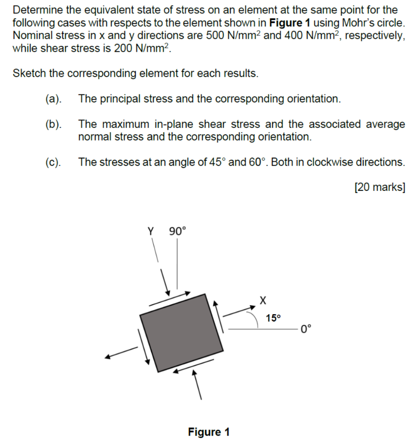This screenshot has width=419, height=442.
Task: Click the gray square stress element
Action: click(x=181, y=333)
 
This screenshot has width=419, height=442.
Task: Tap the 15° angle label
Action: click(x=273, y=318)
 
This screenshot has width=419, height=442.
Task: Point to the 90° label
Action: click(x=177, y=231)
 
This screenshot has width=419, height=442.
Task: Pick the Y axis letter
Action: click(x=151, y=231)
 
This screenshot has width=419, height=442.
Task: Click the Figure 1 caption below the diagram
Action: click(x=209, y=432)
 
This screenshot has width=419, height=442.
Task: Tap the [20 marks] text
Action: click(x=379, y=187)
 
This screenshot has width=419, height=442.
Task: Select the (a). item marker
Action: click(x=53, y=99)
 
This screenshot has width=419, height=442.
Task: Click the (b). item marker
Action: click(x=53, y=125)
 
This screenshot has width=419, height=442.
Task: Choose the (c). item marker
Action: click(x=53, y=162)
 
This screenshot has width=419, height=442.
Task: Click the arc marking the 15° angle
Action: click(x=255, y=321)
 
